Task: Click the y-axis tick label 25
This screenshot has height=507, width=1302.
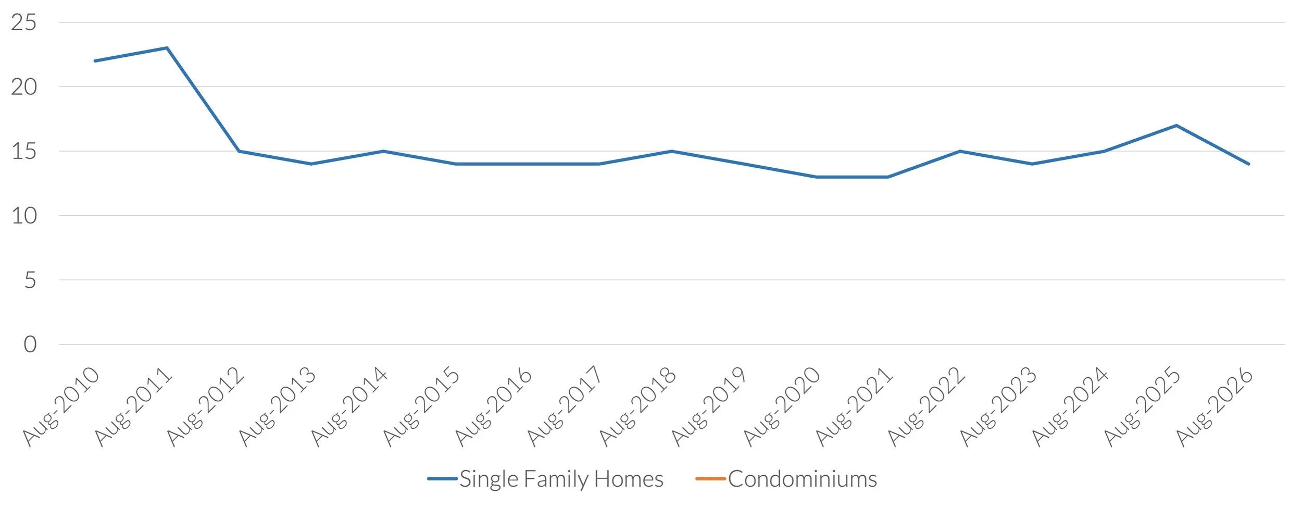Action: tap(23, 23)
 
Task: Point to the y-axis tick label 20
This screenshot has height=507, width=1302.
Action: tap(24, 87)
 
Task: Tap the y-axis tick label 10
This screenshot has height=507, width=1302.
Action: tap(24, 216)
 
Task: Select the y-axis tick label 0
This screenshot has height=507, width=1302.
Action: tap(30, 344)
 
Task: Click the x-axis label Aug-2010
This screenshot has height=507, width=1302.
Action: tap(60, 407)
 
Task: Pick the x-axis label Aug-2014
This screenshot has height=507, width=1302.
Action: tap(349, 407)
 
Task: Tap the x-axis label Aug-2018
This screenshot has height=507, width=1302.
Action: tap(637, 407)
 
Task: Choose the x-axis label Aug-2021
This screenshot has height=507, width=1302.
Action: tap(854, 407)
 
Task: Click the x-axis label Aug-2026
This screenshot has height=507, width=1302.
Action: tap(1215, 407)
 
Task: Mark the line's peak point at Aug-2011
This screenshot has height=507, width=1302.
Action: tap(167, 48)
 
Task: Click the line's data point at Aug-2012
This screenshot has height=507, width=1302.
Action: tap(239, 151)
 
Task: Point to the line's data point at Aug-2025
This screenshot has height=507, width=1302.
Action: tap(1176, 126)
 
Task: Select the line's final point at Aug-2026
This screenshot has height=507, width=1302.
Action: tap(1248, 164)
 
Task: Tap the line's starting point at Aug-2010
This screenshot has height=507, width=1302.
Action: tap(95, 61)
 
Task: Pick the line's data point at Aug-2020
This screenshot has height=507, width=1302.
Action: tap(816, 177)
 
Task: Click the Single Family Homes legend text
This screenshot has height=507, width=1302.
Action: tap(561, 479)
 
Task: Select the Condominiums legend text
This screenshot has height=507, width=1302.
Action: tap(803, 479)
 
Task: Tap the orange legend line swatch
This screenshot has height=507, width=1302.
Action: tap(710, 479)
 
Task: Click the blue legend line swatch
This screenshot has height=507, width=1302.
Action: tap(442, 479)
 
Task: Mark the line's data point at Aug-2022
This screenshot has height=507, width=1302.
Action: tap(960, 151)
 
